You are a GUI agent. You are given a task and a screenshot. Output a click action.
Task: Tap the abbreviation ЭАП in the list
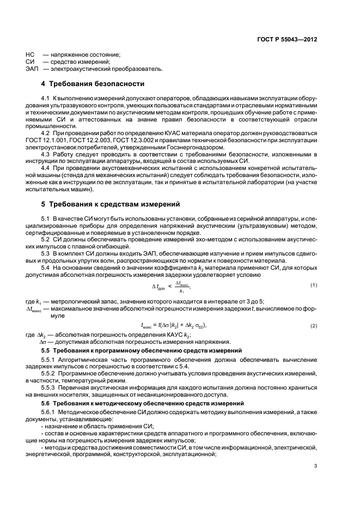[32, 69]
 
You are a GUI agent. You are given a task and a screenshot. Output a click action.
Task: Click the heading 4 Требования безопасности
[93, 84]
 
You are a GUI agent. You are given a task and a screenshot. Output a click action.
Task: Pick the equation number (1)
[314, 286]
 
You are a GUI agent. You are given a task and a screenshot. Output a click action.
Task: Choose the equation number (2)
[314, 325]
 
